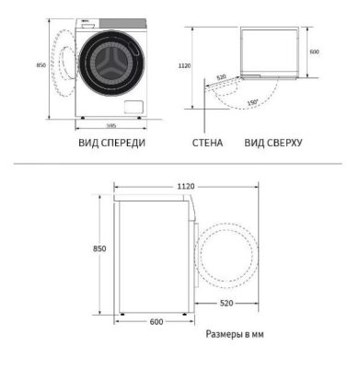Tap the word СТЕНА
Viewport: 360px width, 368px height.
[x=208, y=144]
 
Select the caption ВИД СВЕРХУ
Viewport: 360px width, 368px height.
[x=273, y=144]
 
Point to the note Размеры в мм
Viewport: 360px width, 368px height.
[x=234, y=336]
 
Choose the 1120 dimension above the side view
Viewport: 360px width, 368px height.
[x=186, y=187]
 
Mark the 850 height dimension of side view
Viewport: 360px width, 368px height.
[x=99, y=249]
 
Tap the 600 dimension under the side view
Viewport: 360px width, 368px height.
[x=156, y=321]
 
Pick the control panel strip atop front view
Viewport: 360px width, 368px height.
[x=110, y=20]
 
